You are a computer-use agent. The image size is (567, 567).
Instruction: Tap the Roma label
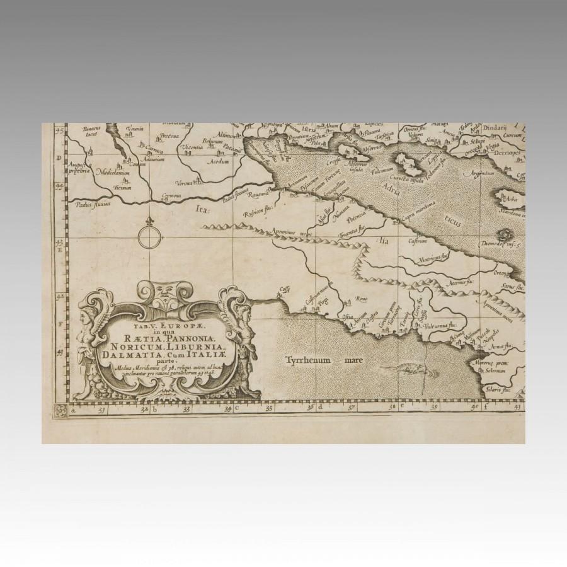pyautogui.click(x=362, y=299)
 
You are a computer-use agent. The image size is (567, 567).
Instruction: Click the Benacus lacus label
pyautogui.click(x=92, y=132)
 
